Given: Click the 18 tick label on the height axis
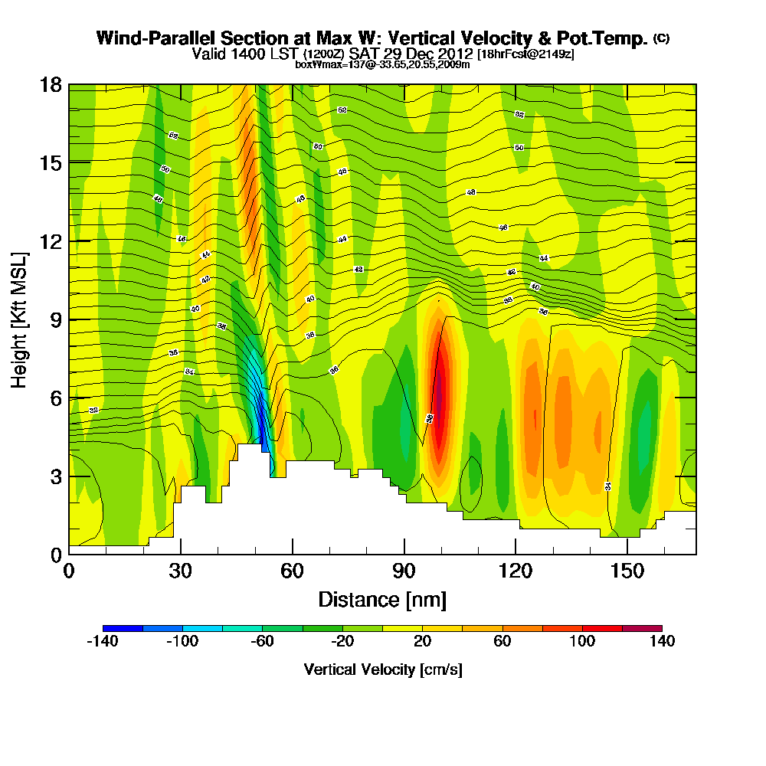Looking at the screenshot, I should tap(50, 85).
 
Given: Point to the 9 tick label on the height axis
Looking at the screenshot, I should tap(55, 319).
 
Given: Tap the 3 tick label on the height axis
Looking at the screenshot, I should tap(55, 476).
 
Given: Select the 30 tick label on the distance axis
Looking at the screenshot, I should tap(181, 571).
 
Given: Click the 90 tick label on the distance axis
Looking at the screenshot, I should tap(404, 571).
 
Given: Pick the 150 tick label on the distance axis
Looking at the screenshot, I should tap(627, 571).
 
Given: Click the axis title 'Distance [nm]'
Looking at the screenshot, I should tap(382, 599).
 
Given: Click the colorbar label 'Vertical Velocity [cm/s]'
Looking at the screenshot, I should tap(383, 669).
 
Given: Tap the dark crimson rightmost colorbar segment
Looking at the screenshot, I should tap(642, 628).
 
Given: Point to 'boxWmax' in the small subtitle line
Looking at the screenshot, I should tap(314, 64).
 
